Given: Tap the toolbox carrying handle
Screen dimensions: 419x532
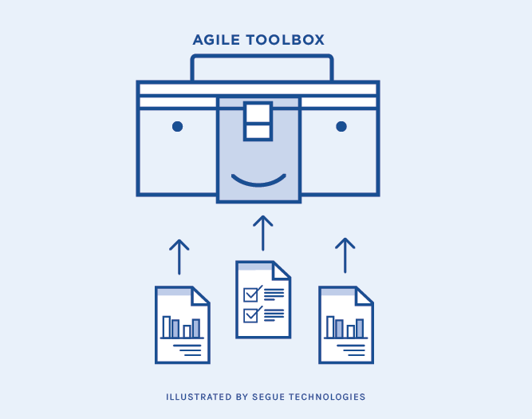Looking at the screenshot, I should (x=262, y=57).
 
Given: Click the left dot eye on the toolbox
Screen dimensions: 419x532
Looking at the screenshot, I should (x=177, y=126).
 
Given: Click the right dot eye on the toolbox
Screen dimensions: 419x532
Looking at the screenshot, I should (x=341, y=126).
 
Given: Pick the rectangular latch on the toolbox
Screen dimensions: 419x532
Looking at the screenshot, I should (x=258, y=121).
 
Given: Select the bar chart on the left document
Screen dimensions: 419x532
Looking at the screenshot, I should (x=181, y=327).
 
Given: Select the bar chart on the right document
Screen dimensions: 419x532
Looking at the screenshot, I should (x=345, y=327).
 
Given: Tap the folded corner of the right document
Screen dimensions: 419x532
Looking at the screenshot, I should (x=365, y=295).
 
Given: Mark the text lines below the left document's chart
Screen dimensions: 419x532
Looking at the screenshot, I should (x=187, y=348).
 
